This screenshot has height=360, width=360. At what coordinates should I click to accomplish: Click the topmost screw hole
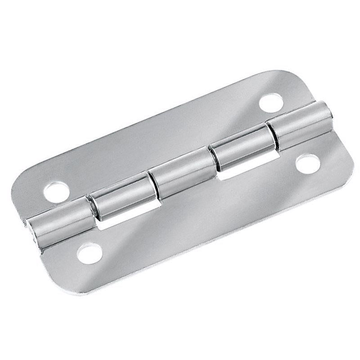click(x=271, y=101)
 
